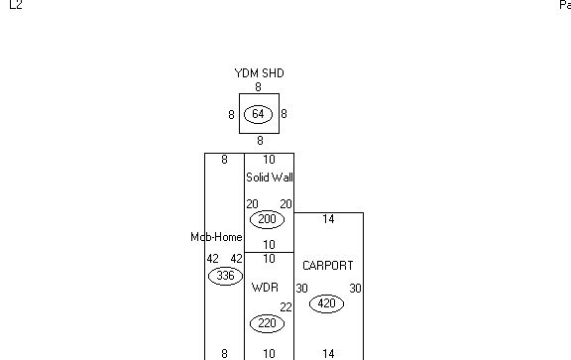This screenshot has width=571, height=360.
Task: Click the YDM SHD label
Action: (259, 73)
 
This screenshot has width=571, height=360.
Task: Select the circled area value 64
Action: (259, 115)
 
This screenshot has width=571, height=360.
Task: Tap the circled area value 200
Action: (267, 219)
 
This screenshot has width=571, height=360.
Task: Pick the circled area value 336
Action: (225, 276)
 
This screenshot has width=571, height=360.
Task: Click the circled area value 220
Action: (267, 323)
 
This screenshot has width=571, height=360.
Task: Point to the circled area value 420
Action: (326, 303)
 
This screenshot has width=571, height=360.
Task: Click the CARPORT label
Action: (327, 266)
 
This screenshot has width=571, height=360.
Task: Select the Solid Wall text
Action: (270, 178)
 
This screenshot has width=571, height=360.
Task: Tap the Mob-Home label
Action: (216, 237)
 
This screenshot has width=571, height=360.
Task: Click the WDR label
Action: (265, 288)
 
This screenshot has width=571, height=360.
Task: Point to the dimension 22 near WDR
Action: (285, 307)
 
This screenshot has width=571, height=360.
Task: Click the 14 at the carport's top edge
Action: (328, 219)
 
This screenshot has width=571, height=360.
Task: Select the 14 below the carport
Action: (328, 353)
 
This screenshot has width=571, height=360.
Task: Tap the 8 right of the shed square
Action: (284, 115)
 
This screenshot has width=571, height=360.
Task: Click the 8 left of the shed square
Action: (231, 115)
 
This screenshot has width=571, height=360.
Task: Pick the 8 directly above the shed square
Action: (258, 87)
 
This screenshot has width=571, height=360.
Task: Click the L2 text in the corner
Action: (15, 5)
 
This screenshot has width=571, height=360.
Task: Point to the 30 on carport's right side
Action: (355, 289)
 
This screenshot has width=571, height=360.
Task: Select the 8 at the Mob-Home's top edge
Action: (224, 160)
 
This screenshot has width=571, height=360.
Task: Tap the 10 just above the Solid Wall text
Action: (269, 160)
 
